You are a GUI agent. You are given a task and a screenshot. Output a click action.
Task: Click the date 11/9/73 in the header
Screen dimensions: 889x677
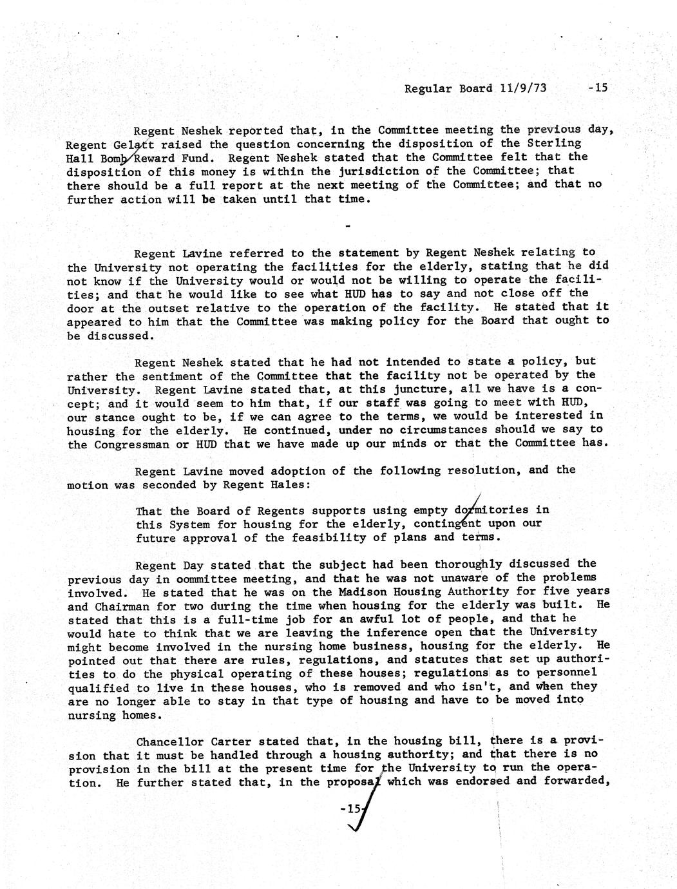tap(522, 88)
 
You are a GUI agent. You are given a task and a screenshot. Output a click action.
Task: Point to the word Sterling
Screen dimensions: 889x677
tap(553, 143)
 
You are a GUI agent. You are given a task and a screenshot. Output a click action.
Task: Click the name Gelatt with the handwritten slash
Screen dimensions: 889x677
tap(142, 144)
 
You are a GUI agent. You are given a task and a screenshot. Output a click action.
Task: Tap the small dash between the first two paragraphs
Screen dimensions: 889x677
tap(348, 225)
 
